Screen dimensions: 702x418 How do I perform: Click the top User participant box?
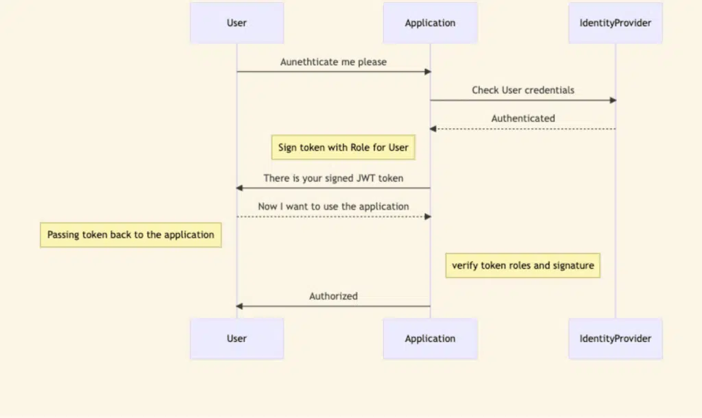(x=237, y=23)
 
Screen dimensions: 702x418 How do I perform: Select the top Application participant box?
(x=431, y=23)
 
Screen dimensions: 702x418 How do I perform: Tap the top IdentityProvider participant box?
(x=616, y=23)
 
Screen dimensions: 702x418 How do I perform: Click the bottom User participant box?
(x=237, y=339)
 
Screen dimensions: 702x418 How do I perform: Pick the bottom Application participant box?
(x=431, y=339)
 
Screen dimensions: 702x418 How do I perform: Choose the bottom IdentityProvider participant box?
(x=616, y=339)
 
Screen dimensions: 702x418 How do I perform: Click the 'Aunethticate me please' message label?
(x=334, y=62)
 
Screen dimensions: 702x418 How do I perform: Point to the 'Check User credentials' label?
(x=523, y=90)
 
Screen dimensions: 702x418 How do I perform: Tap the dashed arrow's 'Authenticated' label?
(x=523, y=118)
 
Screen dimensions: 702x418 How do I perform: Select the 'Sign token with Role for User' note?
(x=343, y=147)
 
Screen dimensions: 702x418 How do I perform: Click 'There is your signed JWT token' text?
(x=334, y=178)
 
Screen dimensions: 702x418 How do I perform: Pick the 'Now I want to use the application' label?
(x=334, y=206)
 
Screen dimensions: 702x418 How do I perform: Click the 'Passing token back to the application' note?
(x=131, y=235)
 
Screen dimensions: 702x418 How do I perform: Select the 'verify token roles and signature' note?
(x=523, y=265)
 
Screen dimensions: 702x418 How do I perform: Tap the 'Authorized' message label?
(x=334, y=296)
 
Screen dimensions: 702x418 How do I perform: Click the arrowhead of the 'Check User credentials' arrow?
(x=614, y=100)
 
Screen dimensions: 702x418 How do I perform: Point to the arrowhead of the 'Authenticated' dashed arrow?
(x=433, y=129)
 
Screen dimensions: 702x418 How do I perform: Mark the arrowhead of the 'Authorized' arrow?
(x=239, y=306)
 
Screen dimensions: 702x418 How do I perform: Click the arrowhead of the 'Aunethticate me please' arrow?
(x=428, y=71)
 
